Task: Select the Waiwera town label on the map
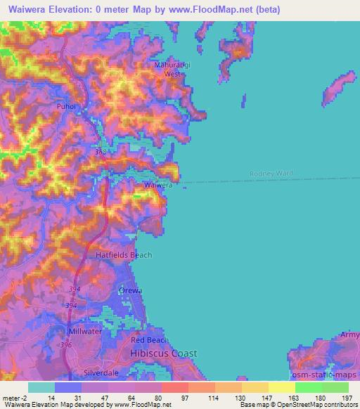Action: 158,185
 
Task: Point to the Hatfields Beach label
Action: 124,255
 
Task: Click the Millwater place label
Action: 86,331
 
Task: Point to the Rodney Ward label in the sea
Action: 271,174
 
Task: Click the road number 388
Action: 101,151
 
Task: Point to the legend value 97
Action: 185,397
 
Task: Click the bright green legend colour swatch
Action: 308,387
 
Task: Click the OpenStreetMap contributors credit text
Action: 314,405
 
